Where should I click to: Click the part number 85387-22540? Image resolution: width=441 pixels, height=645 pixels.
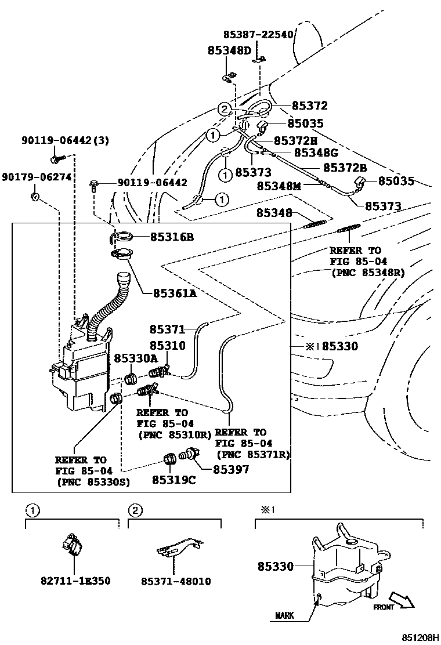pyautogui.click(x=258, y=35)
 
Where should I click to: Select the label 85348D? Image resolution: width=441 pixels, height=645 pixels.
pyautogui.click(x=229, y=50)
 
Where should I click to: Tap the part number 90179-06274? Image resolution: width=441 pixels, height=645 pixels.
pyautogui.click(x=37, y=176)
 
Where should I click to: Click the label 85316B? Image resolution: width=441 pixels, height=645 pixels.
pyautogui.click(x=172, y=237)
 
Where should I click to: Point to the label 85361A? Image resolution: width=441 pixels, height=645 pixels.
pyautogui.click(x=175, y=293)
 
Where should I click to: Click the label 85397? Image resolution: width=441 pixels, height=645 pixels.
pyautogui.click(x=230, y=469)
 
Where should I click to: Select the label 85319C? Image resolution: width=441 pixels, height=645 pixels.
pyautogui.click(x=173, y=480)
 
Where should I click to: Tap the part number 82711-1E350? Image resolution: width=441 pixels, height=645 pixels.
pyautogui.click(x=75, y=581)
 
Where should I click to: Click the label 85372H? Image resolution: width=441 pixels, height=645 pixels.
pyautogui.click(x=295, y=140)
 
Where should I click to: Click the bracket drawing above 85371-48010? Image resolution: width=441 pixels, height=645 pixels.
pyautogui.click(x=179, y=548)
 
